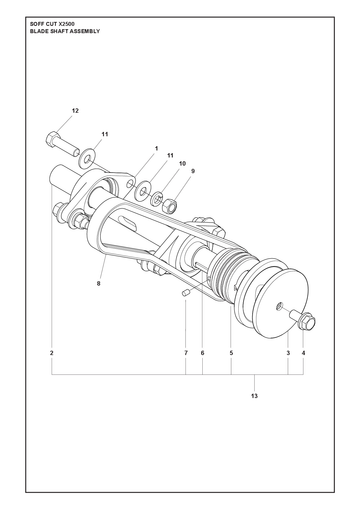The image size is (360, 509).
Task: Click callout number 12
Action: [x=75, y=111]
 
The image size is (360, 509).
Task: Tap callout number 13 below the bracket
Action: [x=254, y=396]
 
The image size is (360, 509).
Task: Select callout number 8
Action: [x=98, y=284]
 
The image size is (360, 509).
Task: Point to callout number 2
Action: [x=52, y=353]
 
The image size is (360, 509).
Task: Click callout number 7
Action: [x=186, y=353]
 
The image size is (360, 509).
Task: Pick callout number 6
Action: [x=202, y=353]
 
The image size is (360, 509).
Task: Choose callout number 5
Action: [x=231, y=353]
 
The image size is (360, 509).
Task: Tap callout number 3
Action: [x=288, y=353]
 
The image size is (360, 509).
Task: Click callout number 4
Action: [x=303, y=353]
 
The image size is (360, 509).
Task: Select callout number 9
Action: [x=193, y=171]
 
